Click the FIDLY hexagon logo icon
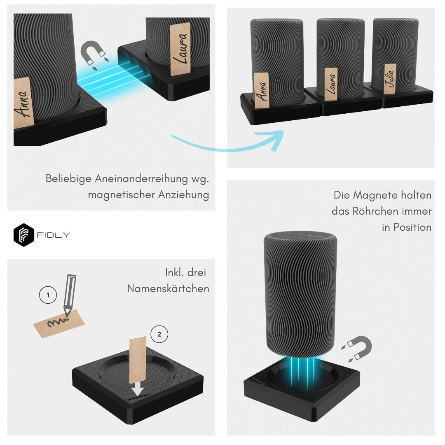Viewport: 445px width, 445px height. click(x=24, y=235)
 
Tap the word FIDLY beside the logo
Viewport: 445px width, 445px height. click(x=53, y=235)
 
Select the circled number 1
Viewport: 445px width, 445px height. click(x=48, y=295)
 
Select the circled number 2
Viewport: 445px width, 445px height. click(x=159, y=334)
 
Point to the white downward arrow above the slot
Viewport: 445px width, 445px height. click(x=138, y=389)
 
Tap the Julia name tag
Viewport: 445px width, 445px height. click(x=390, y=79)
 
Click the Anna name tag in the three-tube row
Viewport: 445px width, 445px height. click(x=261, y=91)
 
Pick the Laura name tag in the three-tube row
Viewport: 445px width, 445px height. click(x=331, y=84)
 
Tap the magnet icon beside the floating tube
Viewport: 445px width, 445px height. click(x=357, y=349)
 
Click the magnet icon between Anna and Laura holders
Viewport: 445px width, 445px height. click(x=94, y=54)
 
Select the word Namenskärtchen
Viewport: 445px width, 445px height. click(x=168, y=288)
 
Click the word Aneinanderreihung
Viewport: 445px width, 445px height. click(x=141, y=179)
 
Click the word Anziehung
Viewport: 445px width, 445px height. click(x=184, y=195)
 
